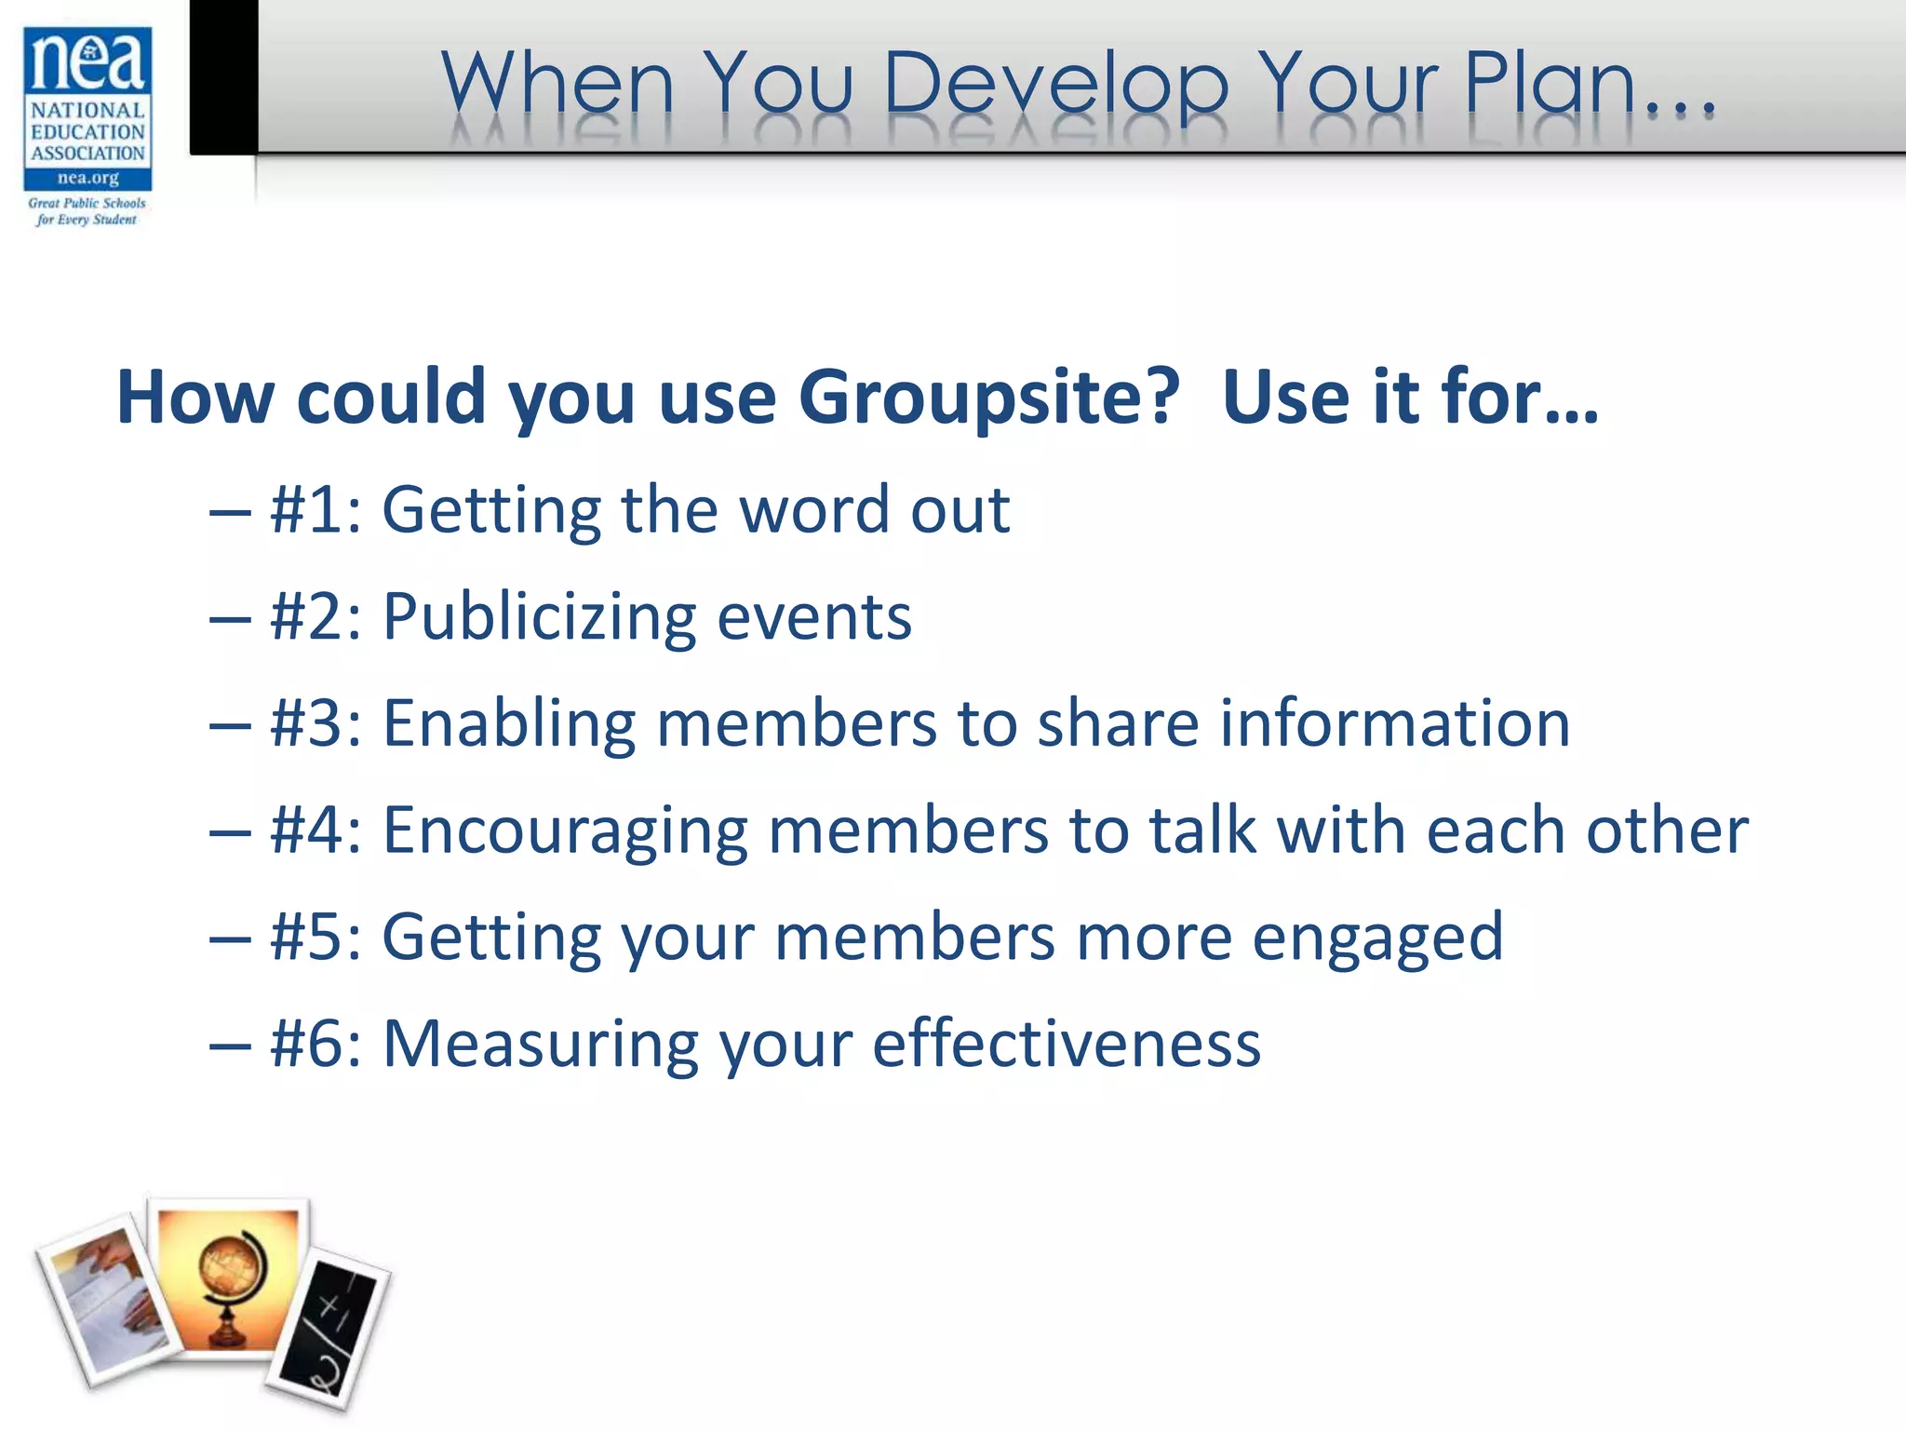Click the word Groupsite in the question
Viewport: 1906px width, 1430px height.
tap(988, 398)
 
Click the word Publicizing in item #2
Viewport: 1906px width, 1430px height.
tap(539, 617)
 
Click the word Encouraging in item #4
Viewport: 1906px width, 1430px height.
tap(565, 830)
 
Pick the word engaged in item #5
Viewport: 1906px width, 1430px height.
tap(1377, 938)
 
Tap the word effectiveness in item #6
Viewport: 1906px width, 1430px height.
tap(1067, 1044)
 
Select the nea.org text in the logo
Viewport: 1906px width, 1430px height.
tap(87, 178)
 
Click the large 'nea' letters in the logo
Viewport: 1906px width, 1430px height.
tap(87, 61)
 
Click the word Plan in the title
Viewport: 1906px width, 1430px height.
tap(1550, 84)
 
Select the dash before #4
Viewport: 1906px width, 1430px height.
tap(230, 831)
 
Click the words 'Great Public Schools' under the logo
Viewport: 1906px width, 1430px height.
tap(87, 203)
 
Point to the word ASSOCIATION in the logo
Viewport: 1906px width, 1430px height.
tap(87, 153)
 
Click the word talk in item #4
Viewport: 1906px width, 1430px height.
tap(1201, 830)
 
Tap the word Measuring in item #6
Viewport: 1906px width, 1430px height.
tap(539, 1044)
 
